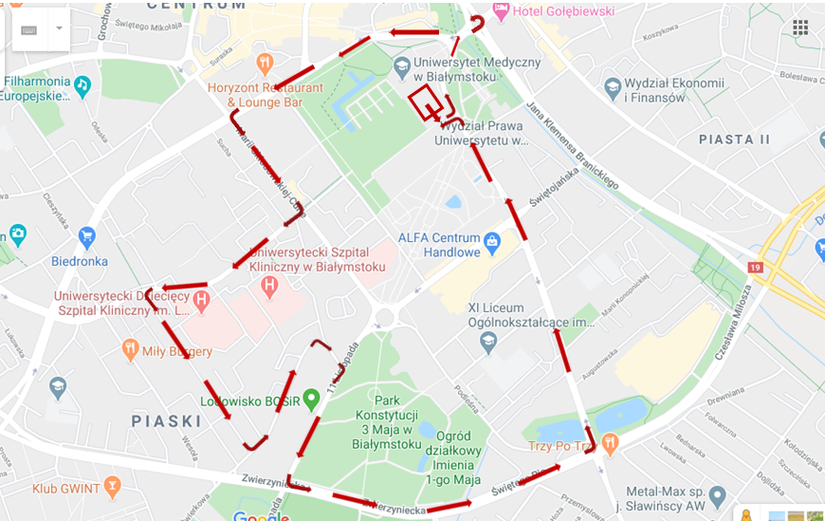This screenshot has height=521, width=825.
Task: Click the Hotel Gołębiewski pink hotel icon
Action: pos(501,10)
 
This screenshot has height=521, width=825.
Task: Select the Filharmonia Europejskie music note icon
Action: pos(82,85)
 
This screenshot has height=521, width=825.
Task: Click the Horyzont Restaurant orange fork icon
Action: pos(265,63)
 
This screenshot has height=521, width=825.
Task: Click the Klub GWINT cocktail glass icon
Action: pos(113,489)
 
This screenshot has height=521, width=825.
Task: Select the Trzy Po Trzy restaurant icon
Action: pos(610,442)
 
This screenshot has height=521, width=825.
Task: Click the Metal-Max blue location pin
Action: pos(717,496)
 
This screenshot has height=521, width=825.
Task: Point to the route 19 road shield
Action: pos(755,269)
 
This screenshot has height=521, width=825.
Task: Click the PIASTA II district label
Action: pos(734,140)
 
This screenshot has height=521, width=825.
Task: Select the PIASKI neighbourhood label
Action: pos(166,420)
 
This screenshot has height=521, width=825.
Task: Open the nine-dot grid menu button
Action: pos(800,27)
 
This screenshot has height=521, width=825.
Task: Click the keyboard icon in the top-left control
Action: pos(29,29)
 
